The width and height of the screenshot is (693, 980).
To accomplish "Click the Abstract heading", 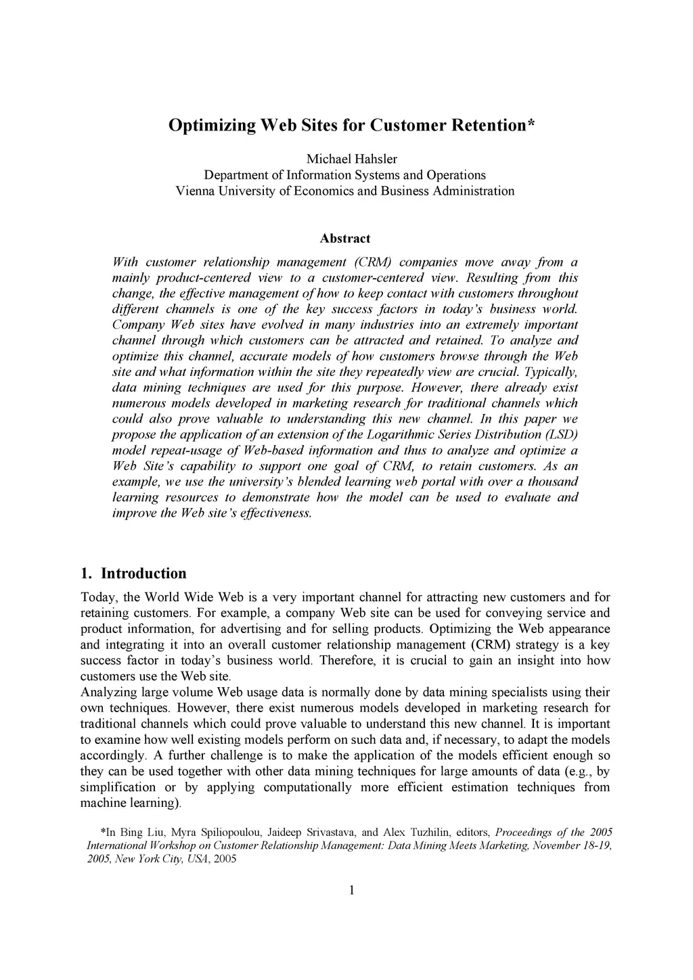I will (x=345, y=239).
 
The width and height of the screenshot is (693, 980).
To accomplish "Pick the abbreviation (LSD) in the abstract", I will (x=562, y=434).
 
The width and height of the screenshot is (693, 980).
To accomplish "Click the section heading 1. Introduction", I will (x=133, y=574).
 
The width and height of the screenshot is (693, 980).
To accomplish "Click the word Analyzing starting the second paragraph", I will (x=109, y=693).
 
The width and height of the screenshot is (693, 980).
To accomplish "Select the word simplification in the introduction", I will (x=117, y=787).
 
